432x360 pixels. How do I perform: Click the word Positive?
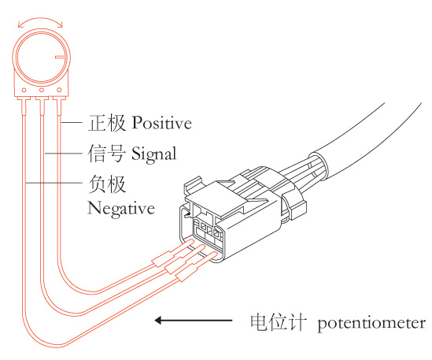[x=162, y=122]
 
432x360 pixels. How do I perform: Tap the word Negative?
[x=121, y=209]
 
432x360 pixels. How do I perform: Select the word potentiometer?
[x=371, y=323]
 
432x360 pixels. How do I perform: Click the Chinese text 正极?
[x=107, y=122]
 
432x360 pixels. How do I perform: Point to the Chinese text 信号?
[x=106, y=153]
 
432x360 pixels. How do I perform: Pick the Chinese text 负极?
[x=107, y=184]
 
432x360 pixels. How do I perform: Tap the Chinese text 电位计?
[x=279, y=321]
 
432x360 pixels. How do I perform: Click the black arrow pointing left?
[x=193, y=321]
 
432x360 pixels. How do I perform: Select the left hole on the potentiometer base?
[x=24, y=90]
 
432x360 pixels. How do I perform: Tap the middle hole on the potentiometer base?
[x=42, y=90]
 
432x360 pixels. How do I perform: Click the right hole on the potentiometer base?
[x=59, y=90]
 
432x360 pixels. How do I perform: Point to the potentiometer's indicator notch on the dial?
[x=61, y=57]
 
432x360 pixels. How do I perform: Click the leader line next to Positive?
[x=72, y=122]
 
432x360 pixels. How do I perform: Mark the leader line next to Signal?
[x=64, y=153]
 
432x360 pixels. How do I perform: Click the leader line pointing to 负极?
[x=54, y=183]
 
